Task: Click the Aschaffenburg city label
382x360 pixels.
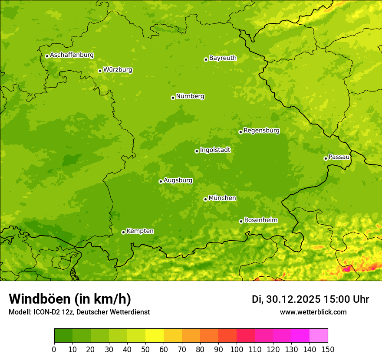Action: [x=72, y=55]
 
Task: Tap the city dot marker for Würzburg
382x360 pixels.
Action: [x=100, y=71]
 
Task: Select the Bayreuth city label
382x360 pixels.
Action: [x=223, y=58]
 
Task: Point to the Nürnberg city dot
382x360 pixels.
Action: [x=173, y=98]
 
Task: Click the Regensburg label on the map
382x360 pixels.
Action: [x=261, y=131]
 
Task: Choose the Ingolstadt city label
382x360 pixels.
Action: [x=215, y=150]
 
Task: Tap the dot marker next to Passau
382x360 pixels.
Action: [x=326, y=158]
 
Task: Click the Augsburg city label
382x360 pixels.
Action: [x=178, y=180]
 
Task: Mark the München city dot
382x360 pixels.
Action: [x=205, y=199]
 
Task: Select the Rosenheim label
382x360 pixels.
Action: [x=260, y=220]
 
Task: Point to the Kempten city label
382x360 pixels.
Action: [x=140, y=231]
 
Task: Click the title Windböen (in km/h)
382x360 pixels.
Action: [x=70, y=299]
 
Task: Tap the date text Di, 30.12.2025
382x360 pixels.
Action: [x=286, y=299]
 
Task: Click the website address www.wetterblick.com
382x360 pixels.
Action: [x=313, y=312]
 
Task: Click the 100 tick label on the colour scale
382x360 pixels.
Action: [x=237, y=349]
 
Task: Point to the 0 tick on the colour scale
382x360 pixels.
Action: [x=54, y=349]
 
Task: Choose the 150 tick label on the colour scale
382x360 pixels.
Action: [x=328, y=349]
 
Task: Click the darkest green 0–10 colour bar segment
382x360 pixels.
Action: [x=63, y=336]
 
